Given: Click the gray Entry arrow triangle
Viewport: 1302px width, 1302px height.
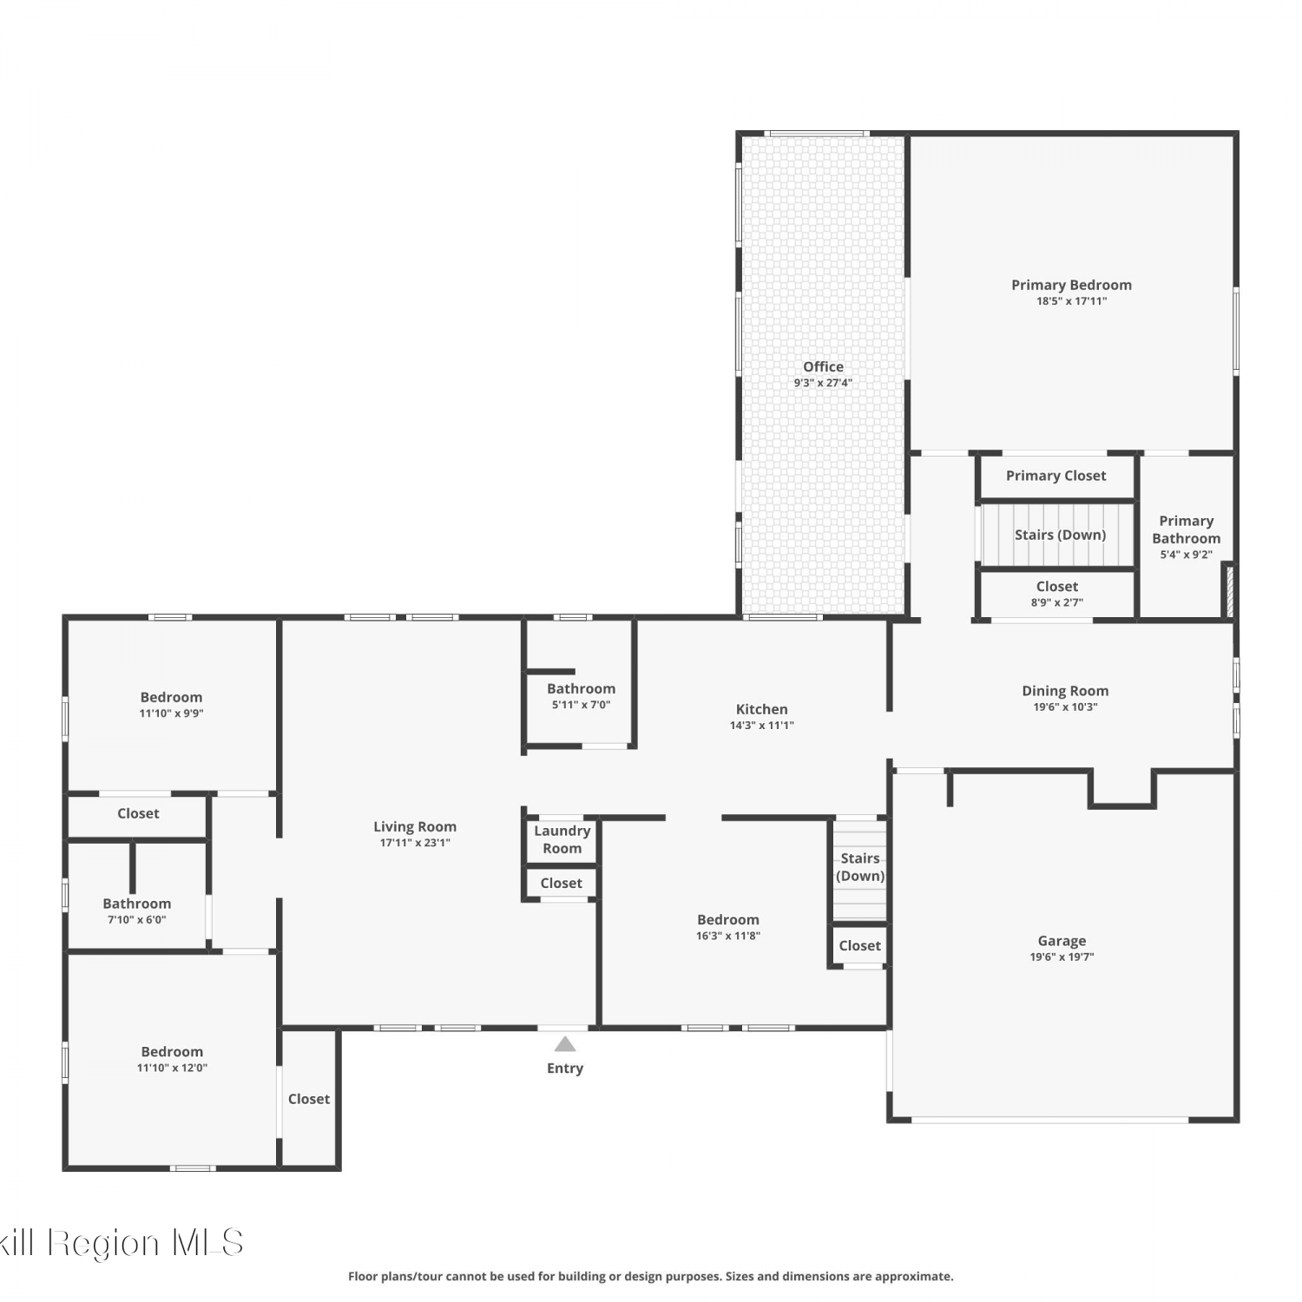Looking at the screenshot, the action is coord(565,1043).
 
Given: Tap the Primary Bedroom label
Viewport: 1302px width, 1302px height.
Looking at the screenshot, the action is coord(1071,285).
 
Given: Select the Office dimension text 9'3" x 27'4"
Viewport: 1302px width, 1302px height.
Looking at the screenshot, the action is coord(823,383).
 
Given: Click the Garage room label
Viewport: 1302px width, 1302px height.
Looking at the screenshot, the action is coord(1062,941).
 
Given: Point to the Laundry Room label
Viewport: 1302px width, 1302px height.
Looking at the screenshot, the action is coord(562,839).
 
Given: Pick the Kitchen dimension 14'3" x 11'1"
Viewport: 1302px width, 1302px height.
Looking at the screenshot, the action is coord(762,726).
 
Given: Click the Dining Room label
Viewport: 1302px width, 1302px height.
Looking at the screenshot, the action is coord(1065,691).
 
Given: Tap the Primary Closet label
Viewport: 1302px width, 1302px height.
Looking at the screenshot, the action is coord(1055,476).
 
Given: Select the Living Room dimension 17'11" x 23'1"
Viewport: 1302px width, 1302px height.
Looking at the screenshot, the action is coord(415,843).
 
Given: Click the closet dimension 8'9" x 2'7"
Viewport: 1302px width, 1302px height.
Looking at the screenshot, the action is coord(1057,602).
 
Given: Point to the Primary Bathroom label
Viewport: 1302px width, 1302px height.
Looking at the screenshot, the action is coord(1187,529).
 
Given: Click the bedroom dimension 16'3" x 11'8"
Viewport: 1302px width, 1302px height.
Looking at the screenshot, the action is coord(728,936).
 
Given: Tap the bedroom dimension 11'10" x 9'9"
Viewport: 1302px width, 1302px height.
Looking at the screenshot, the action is coord(171,713).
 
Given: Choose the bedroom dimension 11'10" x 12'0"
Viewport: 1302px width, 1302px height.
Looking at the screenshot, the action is coord(172,1068).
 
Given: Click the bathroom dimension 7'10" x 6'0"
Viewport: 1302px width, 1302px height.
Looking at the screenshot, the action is coord(137,920).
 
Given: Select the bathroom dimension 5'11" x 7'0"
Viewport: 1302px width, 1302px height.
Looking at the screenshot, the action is coord(581,705).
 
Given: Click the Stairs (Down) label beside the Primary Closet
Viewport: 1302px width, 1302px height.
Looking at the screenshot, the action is coord(1060,536).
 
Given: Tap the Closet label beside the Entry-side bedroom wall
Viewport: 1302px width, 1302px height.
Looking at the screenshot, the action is coord(309,1099).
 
